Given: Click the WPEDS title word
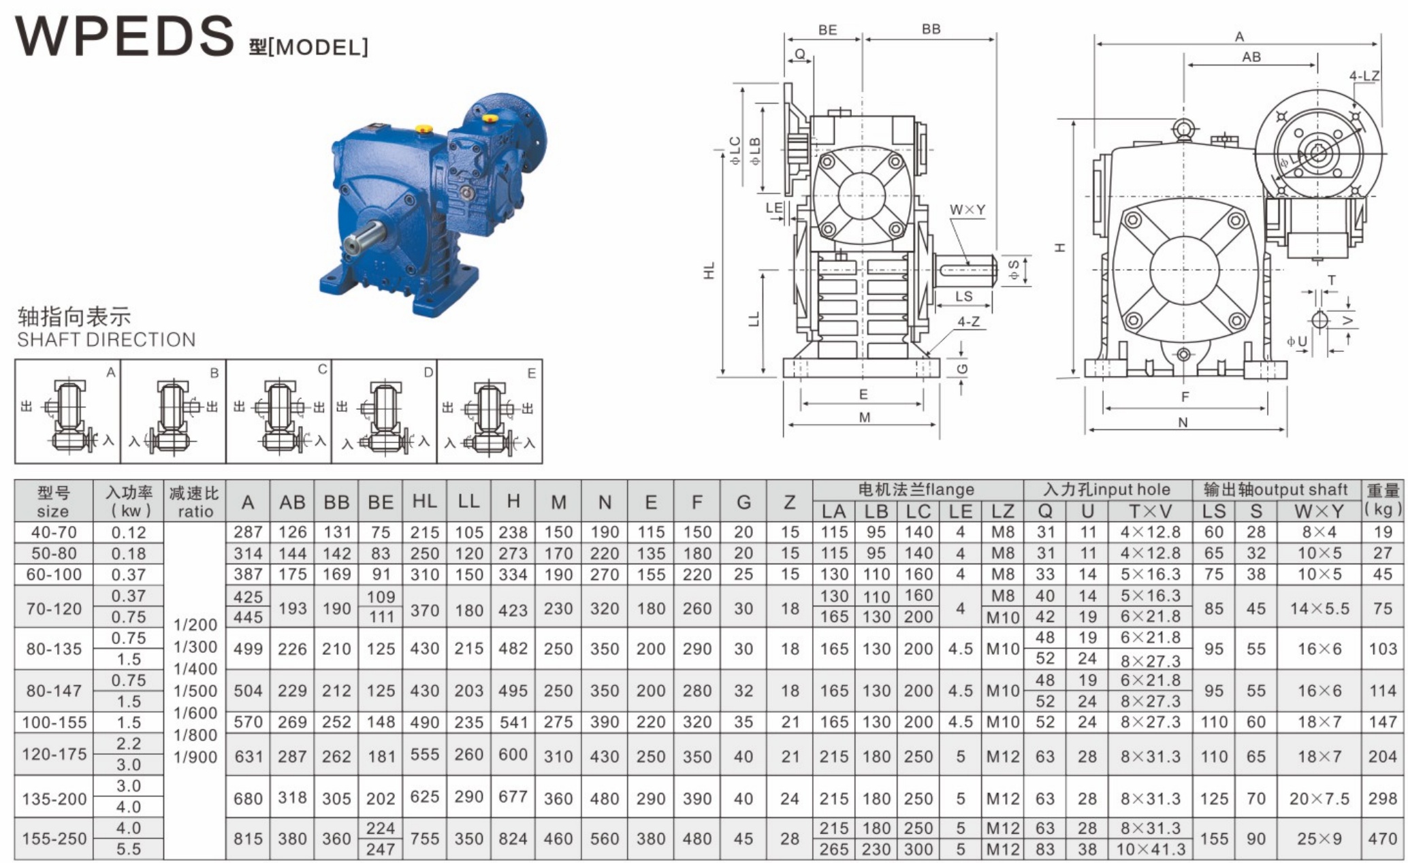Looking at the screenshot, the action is click(125, 35).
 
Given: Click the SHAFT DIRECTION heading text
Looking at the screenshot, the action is click(106, 340).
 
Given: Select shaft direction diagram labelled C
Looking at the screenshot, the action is click(278, 412).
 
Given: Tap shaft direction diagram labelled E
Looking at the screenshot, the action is click(490, 412).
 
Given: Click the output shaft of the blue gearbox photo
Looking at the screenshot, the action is click(365, 238).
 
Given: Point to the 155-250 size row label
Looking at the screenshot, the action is click(54, 838).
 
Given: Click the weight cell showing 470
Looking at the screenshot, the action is click(1382, 838).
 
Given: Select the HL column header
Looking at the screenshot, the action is click(424, 502).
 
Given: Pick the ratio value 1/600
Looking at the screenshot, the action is click(195, 713).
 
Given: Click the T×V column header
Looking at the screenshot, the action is click(1151, 511).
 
